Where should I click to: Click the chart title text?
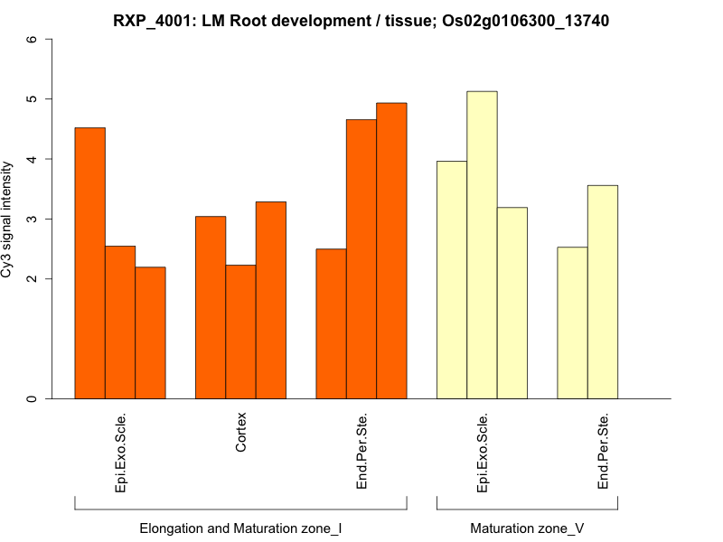[x=361, y=20]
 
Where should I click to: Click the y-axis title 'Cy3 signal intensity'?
[x=8, y=219]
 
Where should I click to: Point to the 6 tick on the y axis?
[x=33, y=39]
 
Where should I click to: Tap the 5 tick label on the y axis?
[x=33, y=98]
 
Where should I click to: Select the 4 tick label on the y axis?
[x=33, y=159]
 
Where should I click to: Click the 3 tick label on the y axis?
[x=33, y=219]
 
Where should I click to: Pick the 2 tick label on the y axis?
[x=33, y=278]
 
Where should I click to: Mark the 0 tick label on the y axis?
[x=33, y=398]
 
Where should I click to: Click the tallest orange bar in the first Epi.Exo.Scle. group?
[x=89, y=263]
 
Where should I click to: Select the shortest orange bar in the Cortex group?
[x=240, y=332]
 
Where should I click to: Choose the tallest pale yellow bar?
[x=482, y=245]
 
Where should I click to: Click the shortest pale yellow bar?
[x=572, y=322]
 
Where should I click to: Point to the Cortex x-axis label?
[x=241, y=433]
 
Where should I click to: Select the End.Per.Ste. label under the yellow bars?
[x=603, y=452]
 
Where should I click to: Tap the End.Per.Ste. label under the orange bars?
[x=361, y=452]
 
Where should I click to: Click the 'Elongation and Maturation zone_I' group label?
[x=240, y=528]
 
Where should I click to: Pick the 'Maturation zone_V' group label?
[x=527, y=528]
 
